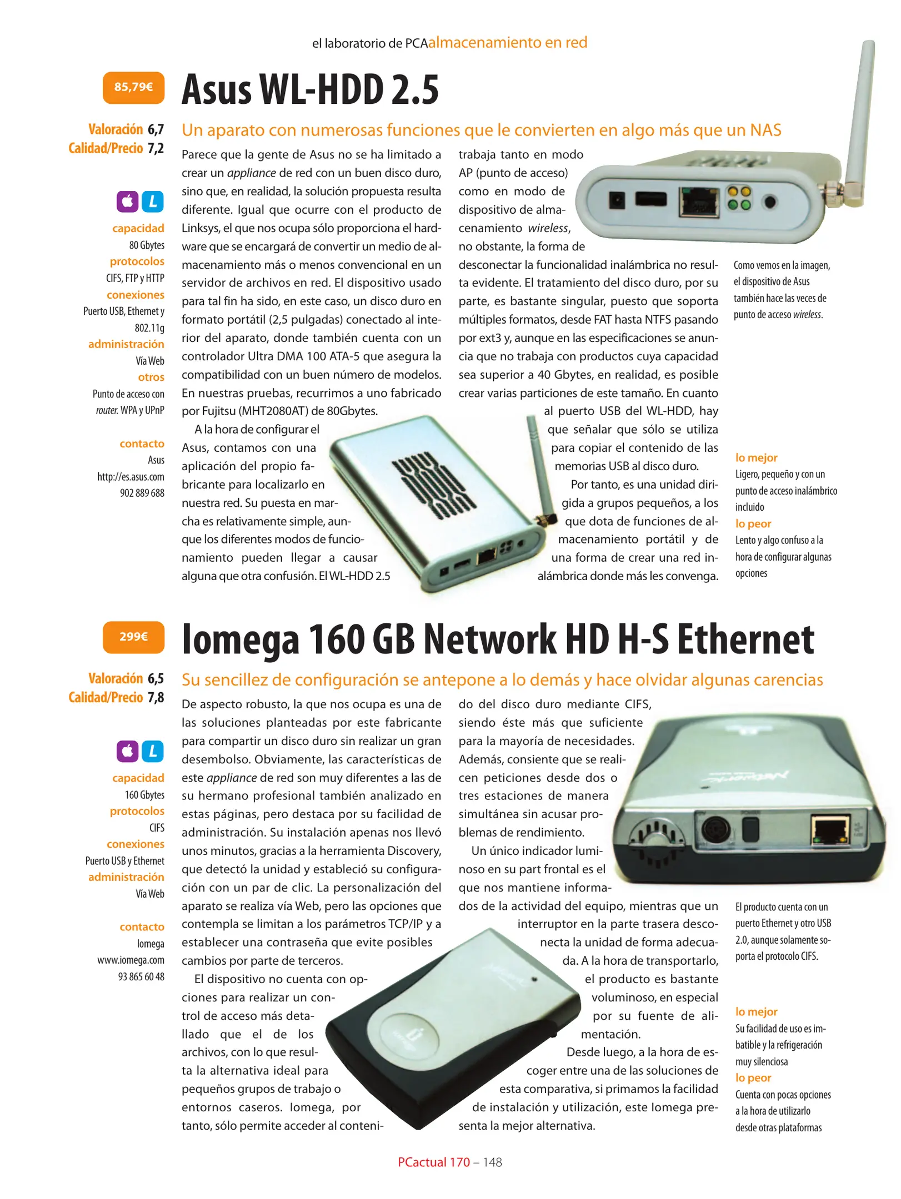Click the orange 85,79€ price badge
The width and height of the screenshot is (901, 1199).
tap(133, 87)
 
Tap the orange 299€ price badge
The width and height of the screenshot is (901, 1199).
tap(133, 637)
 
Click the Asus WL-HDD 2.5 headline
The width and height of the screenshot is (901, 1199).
tap(311, 89)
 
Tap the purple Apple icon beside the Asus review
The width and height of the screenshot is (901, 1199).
tap(127, 201)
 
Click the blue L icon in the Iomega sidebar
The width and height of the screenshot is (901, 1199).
tap(153, 751)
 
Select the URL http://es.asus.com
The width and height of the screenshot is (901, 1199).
tap(131, 476)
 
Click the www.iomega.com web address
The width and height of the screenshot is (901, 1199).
tap(131, 960)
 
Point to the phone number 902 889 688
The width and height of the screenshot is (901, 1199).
tap(142, 493)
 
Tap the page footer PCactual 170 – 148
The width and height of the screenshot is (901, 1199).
tap(450, 1162)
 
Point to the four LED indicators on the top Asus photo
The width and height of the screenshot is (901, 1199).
tap(739, 198)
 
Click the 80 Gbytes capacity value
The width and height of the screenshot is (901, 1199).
tap(147, 245)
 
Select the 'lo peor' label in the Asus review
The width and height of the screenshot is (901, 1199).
tap(753, 523)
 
